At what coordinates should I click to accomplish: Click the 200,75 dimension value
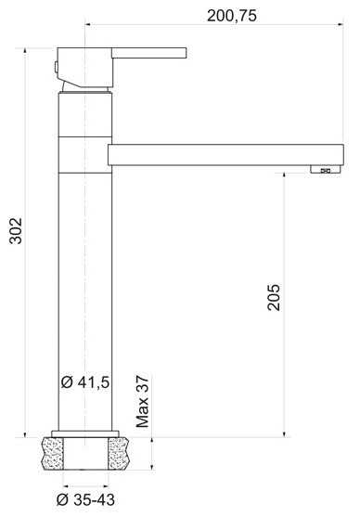coord(231,16)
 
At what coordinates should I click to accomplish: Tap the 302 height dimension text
coord(16,230)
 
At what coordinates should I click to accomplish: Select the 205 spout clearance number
coord(274,297)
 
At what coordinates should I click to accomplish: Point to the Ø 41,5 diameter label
coord(85,382)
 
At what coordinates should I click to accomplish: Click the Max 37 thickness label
coord(143,401)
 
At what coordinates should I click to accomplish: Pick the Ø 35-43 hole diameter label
coord(85,499)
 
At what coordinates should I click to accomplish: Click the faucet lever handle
coord(149,53)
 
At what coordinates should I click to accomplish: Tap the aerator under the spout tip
coord(325,169)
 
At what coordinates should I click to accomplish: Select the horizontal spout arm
coord(225,155)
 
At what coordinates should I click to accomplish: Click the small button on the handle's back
coord(57,67)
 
